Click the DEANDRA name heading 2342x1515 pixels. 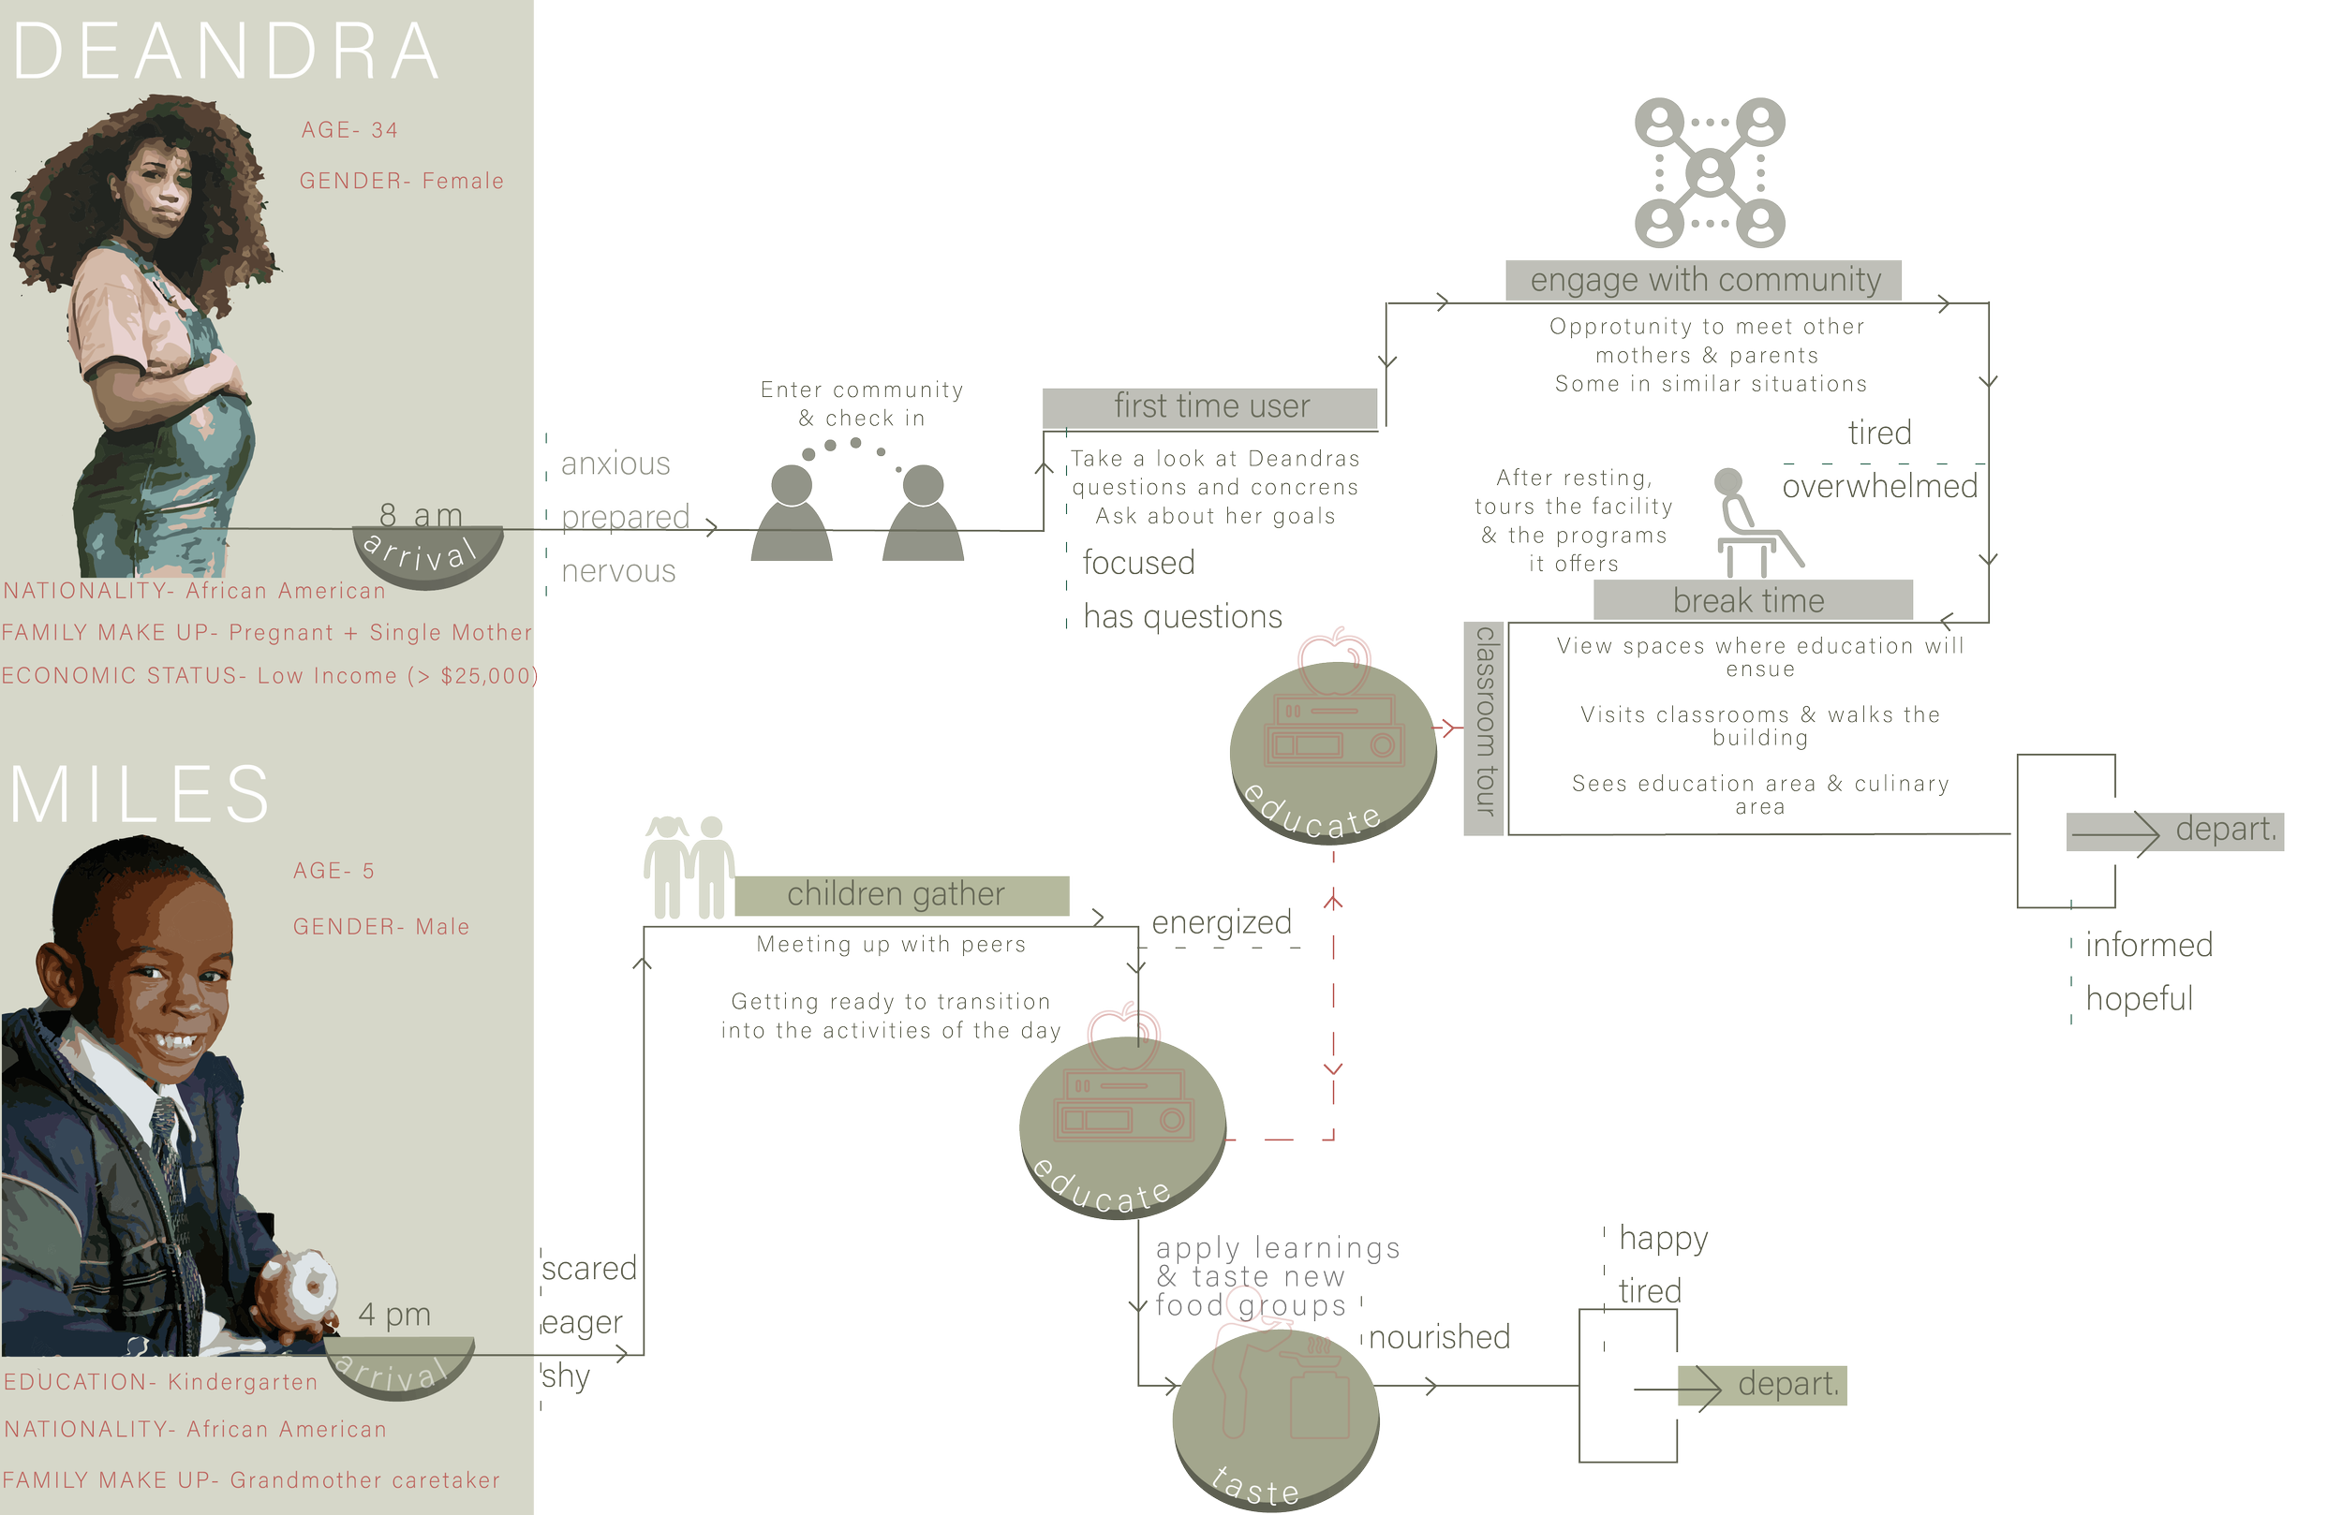coord(227,51)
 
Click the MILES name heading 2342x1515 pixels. coord(140,794)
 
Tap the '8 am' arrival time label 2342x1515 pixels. coord(421,514)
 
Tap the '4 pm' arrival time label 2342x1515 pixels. coord(394,1314)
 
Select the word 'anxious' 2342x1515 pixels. coord(616,463)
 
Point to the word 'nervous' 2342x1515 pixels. coord(619,570)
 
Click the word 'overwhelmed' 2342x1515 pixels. coord(1879,486)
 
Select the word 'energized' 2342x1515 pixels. coord(1222,921)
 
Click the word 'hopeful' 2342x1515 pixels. coord(2140,998)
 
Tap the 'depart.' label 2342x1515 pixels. coord(1787,1384)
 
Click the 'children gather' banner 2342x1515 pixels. coord(896,893)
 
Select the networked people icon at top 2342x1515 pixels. coord(1711,173)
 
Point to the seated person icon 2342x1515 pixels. coord(1746,522)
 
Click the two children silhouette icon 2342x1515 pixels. coord(689,866)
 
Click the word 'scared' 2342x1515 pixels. coord(589,1269)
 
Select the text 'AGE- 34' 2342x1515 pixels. coord(349,130)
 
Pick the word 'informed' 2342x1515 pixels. coord(2149,945)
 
